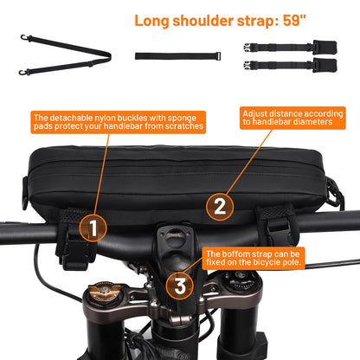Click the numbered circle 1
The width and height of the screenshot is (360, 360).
pyautogui.click(x=93, y=228)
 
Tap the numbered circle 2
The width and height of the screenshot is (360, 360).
pyautogui.click(x=220, y=207)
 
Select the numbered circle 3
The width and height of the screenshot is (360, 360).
pyautogui.click(x=180, y=286)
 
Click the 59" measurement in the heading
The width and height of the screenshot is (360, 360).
pyautogui.click(x=294, y=21)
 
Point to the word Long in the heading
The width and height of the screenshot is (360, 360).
pyautogui.click(x=151, y=22)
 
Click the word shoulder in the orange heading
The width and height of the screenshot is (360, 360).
pyautogui.click(x=202, y=21)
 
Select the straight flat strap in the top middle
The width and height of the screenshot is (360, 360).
pyautogui.click(x=178, y=56)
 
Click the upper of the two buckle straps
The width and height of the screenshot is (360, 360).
pyautogui.click(x=290, y=48)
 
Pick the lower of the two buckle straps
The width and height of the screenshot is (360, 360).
pyautogui.click(x=290, y=66)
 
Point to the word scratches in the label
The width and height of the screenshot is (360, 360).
pyautogui.click(x=184, y=126)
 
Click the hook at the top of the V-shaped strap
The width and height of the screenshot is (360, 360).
pyautogui.click(x=24, y=38)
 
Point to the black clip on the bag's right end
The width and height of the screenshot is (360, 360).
pyautogui.click(x=335, y=192)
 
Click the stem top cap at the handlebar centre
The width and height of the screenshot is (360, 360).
pyautogui.click(x=174, y=234)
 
